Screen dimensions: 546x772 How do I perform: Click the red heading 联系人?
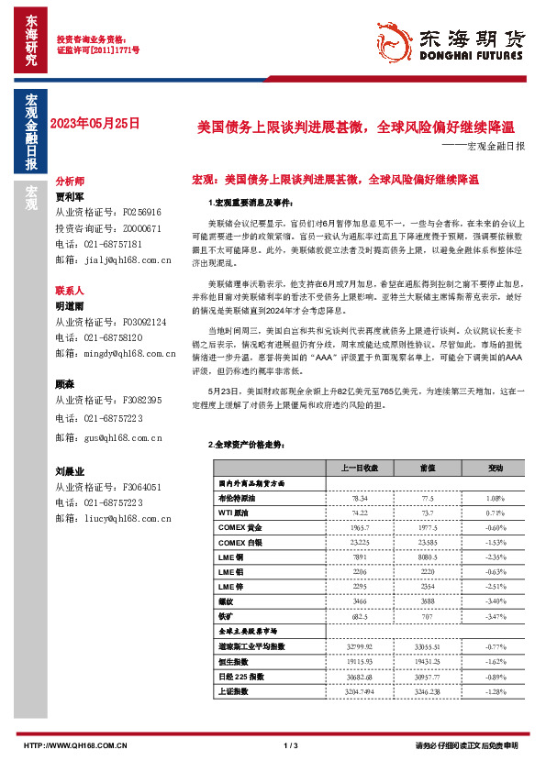(x=70, y=289)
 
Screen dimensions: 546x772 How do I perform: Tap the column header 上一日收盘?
(x=360, y=468)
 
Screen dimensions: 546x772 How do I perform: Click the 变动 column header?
(x=496, y=468)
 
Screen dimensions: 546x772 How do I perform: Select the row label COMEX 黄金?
(x=240, y=528)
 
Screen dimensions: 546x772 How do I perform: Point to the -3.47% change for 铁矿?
(x=496, y=616)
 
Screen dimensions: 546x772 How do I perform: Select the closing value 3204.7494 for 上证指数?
(x=360, y=690)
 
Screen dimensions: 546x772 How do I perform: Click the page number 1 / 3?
(x=292, y=745)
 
